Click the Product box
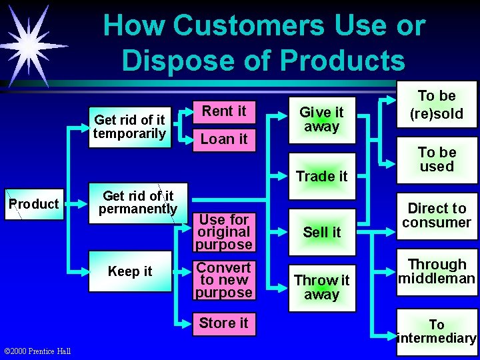tap(33, 204)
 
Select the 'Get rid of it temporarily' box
tap(130, 127)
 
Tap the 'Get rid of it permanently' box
tap(138, 203)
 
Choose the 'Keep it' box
tap(130, 271)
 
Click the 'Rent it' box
tap(224, 111)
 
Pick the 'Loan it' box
tap(224, 139)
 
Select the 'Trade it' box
tap(321, 177)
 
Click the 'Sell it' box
tap(321, 232)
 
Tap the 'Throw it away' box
tap(321, 287)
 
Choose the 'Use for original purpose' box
tap(224, 232)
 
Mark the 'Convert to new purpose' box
tap(224, 280)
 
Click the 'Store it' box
tap(224, 323)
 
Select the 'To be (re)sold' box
tap(437, 105)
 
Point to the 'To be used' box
tap(437, 160)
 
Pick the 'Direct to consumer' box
tap(437, 215)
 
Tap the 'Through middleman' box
tap(437, 271)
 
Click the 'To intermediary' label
tap(437, 331)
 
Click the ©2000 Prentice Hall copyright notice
tap(38, 351)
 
